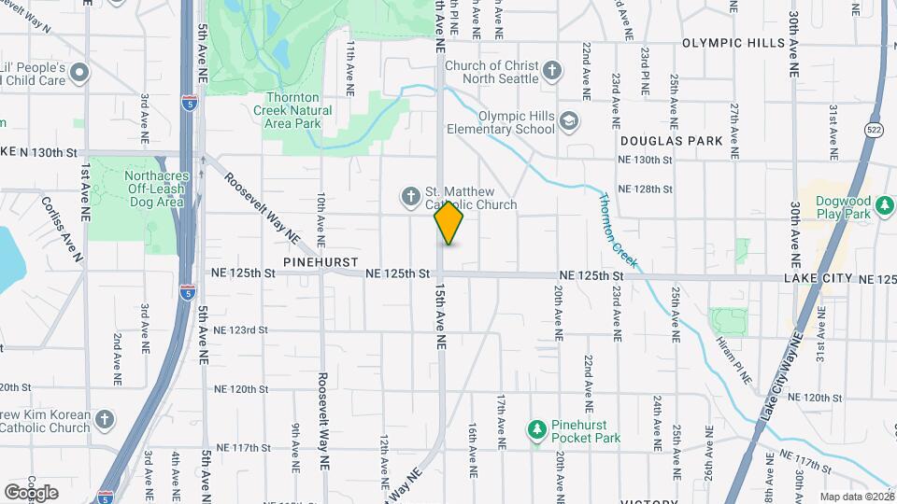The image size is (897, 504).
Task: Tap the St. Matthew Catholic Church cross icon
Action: point(409,196)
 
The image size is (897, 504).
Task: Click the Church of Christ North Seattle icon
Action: point(552,71)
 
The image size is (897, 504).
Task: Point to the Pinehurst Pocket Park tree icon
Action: point(536,429)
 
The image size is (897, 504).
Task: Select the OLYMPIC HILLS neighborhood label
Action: point(733,43)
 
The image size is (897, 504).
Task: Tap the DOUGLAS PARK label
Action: point(671,140)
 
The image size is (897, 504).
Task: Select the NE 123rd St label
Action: point(240,330)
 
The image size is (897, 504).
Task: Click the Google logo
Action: point(31,492)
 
